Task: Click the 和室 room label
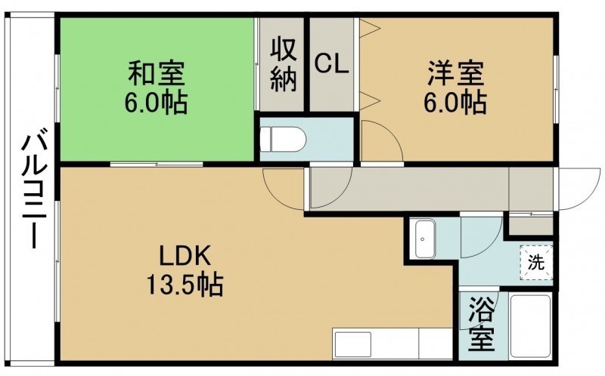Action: pos(157,73)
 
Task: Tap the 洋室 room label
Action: pos(455,73)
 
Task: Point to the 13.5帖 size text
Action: pos(185,284)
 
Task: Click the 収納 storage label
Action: pos(284,65)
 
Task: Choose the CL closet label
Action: pos(332,64)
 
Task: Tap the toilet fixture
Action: pos(283,139)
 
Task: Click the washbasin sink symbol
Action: pos(424,239)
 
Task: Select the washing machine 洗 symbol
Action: pos(536,263)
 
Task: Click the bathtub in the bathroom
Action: pos(530,326)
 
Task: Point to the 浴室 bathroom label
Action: pos(482,325)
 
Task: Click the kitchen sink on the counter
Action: pos(353,344)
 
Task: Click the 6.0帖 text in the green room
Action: pos(156,102)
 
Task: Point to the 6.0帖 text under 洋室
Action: pos(455,102)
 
